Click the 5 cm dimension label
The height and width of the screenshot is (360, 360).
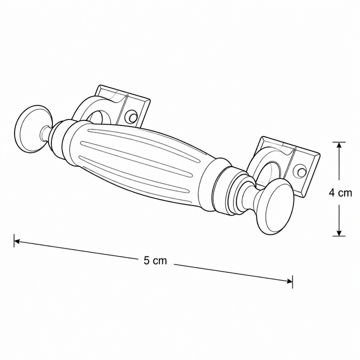tap(155, 260)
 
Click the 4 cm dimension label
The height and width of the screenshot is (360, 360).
tap(340, 193)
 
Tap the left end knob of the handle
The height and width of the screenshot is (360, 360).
tap(33, 129)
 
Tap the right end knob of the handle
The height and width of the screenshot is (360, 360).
tap(275, 206)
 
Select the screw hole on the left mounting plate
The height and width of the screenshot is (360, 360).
tap(132, 117)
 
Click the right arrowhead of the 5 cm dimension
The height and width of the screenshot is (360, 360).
tap(289, 281)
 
